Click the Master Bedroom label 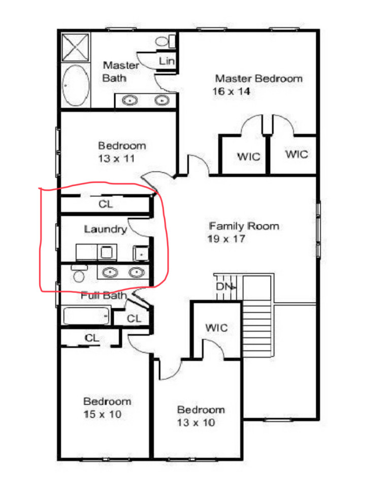point(258,79)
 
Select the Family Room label point(244,226)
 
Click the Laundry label point(105,229)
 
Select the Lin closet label point(167,61)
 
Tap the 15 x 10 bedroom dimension point(103,414)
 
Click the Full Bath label point(103,296)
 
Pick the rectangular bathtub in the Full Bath point(86,317)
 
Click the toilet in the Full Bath point(78,274)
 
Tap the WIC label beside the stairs point(216,328)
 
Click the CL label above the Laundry point(106,204)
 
